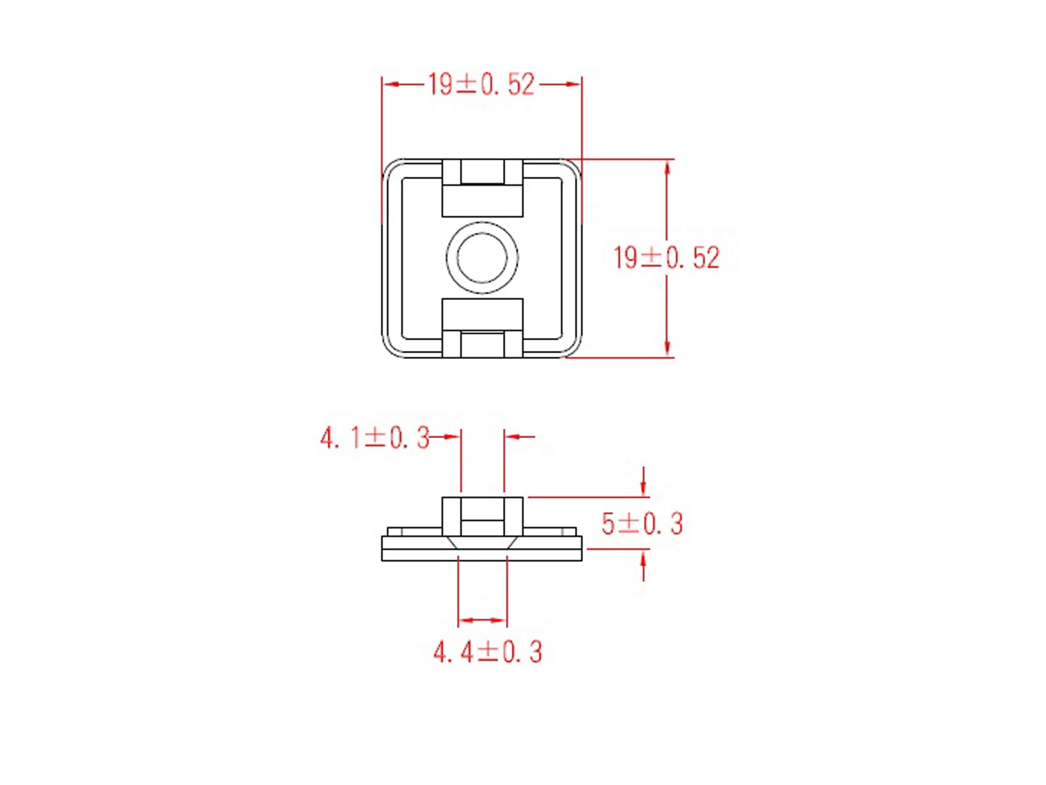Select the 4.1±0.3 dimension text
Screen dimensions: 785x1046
374,438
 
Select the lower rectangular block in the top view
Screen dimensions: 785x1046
482,315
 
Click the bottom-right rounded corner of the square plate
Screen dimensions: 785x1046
573,349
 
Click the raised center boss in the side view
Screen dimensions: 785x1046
482,516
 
